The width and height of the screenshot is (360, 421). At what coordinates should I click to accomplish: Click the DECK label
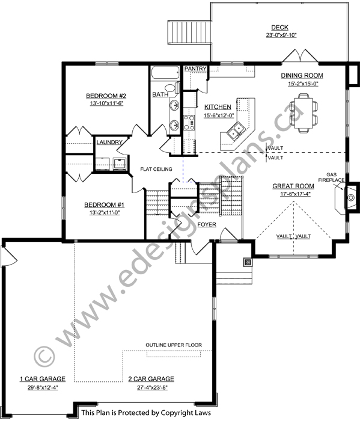click(279, 27)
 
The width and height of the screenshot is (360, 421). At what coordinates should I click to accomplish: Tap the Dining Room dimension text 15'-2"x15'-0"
click(303, 84)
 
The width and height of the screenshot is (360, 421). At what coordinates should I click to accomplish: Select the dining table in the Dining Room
click(304, 113)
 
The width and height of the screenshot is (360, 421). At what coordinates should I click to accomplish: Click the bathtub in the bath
click(165, 73)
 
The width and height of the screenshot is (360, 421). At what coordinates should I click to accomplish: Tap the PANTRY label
click(195, 69)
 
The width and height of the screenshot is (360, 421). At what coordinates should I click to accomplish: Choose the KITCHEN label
click(218, 107)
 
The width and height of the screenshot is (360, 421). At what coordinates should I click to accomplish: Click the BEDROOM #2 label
click(106, 96)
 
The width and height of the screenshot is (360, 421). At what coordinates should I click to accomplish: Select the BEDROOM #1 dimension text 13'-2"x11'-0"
click(104, 213)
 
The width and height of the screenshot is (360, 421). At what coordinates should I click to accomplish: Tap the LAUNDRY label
click(109, 143)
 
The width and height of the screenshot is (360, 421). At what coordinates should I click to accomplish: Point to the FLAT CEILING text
click(156, 169)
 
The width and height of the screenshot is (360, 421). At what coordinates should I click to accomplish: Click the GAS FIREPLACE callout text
click(332, 177)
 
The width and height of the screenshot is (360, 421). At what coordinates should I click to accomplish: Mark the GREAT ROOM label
click(293, 186)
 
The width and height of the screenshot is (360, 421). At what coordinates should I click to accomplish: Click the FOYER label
click(207, 224)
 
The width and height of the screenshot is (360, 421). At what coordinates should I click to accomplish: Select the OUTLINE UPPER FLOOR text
click(174, 345)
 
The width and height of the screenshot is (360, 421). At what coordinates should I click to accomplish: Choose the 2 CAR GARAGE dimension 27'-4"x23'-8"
click(153, 388)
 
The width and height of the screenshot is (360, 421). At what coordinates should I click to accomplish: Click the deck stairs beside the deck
click(189, 32)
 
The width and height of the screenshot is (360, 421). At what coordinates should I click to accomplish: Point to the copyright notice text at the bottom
click(146, 413)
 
